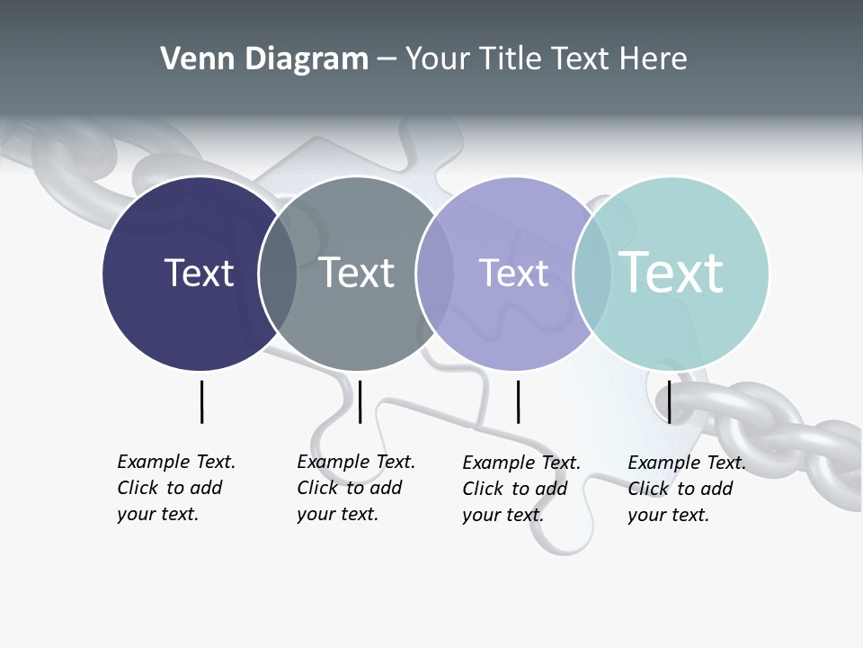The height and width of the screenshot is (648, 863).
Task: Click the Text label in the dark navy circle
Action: (x=199, y=273)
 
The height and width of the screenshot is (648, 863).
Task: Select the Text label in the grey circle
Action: (x=357, y=273)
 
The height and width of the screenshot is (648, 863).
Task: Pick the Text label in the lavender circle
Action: (x=513, y=273)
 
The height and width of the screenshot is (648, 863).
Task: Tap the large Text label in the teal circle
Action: (x=671, y=273)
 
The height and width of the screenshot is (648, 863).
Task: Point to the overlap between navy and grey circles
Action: (x=278, y=274)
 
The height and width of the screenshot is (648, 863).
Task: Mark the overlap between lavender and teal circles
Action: (x=592, y=274)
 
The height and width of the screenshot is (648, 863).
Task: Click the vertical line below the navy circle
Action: (x=201, y=401)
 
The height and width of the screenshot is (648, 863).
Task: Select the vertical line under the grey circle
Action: (x=360, y=401)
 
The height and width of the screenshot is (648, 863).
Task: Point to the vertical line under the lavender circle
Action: (x=518, y=401)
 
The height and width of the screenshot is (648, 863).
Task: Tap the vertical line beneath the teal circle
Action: (x=669, y=401)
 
